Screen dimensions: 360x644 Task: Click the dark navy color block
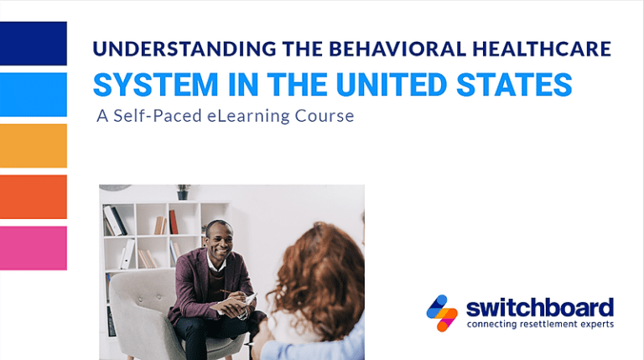(x=33, y=44)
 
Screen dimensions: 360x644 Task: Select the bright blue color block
(x=33, y=95)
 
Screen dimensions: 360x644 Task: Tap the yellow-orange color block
(x=33, y=146)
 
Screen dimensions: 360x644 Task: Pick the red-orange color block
(x=33, y=197)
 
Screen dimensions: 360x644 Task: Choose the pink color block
(x=33, y=248)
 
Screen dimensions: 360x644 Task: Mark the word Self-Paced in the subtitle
(x=153, y=116)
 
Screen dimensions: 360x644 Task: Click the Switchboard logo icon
(x=442, y=313)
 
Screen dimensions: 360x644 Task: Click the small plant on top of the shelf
(x=184, y=191)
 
